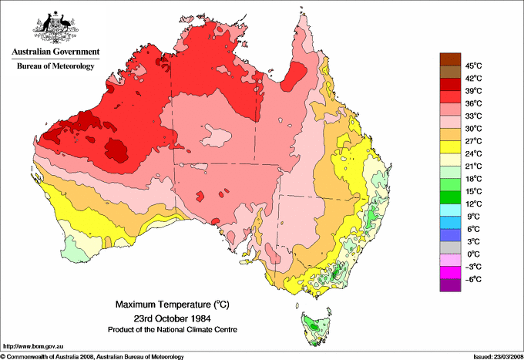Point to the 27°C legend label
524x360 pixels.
coord(472,141)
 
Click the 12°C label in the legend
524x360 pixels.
coord(472,204)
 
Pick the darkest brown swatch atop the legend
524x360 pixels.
coord(449,59)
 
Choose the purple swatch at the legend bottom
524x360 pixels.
coord(449,286)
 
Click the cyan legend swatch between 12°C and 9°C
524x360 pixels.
coord(449,210)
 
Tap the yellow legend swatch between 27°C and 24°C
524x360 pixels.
coord(449,147)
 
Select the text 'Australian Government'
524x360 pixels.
coord(55,52)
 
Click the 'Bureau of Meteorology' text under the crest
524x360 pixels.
coord(55,66)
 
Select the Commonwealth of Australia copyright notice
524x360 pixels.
coord(92,355)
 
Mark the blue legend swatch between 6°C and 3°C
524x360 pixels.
coord(449,236)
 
